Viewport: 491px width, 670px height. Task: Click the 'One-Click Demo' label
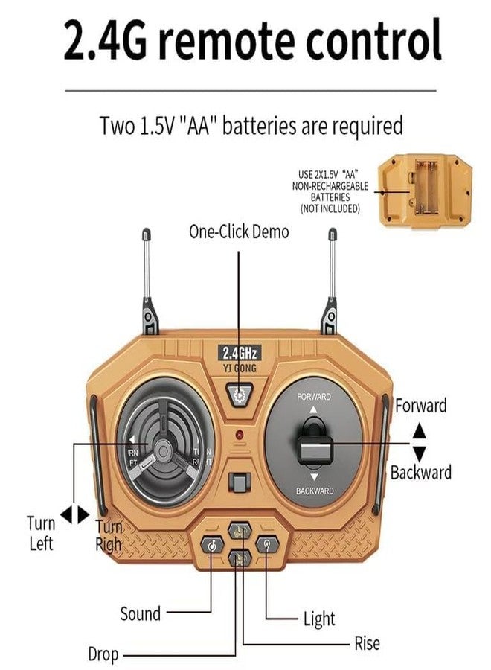[238, 232]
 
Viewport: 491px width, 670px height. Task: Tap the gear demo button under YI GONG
[239, 395]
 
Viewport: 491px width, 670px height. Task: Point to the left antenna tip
[147, 233]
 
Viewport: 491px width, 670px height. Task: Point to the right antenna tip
[332, 234]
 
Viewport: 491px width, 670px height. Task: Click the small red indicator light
[239, 434]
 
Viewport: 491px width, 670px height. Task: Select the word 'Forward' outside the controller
[420, 406]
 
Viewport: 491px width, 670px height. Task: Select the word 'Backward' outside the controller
[420, 472]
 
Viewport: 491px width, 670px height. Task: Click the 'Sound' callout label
[140, 613]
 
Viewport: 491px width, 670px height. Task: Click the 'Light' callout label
[319, 618]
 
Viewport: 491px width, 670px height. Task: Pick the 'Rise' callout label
[367, 643]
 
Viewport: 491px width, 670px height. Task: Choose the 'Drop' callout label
[103, 654]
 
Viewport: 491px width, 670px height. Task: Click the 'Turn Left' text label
[41, 532]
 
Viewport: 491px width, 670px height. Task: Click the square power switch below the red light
[238, 482]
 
